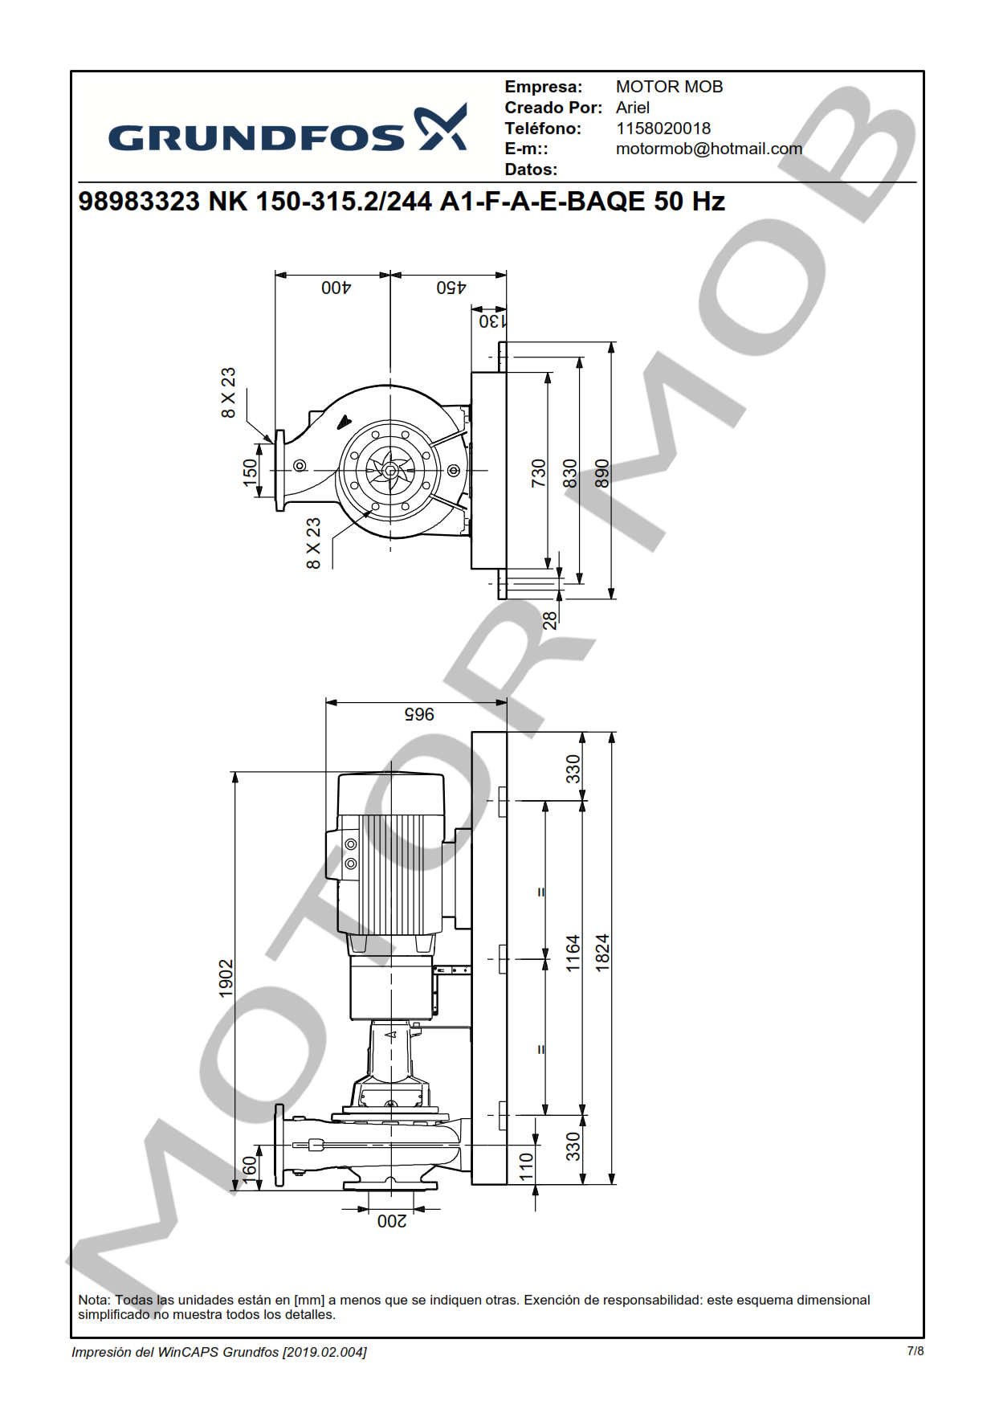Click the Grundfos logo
[287, 129]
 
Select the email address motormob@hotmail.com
[709, 149]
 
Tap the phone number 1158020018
[663, 129]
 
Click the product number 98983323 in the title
[139, 201]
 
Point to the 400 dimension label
[336, 288]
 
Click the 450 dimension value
[451, 288]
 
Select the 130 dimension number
[493, 321]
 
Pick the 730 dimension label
[539, 473]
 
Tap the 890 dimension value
[602, 473]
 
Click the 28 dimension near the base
[550, 620]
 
